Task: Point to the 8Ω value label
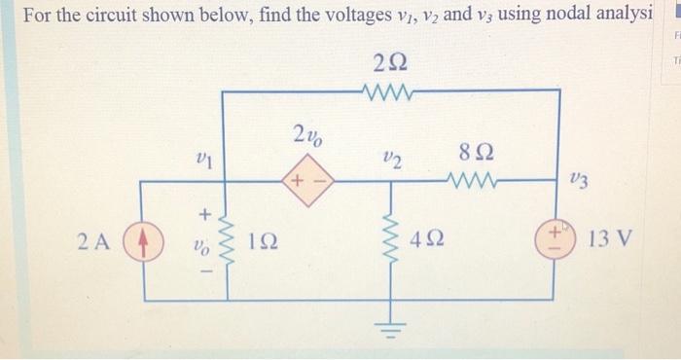pyautogui.click(x=479, y=153)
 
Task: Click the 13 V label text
pyautogui.click(x=614, y=238)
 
